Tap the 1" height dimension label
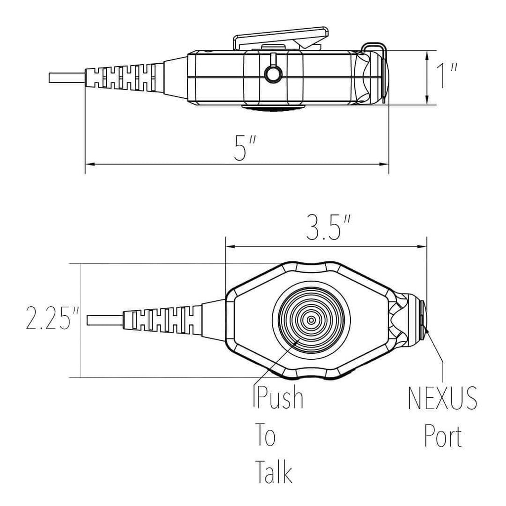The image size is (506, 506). pyautogui.click(x=447, y=77)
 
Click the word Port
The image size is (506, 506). pyautogui.click(x=443, y=436)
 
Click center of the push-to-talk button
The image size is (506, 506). pyautogui.click(x=311, y=320)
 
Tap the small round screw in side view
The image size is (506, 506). pyautogui.click(x=272, y=74)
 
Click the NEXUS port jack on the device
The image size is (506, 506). pyautogui.click(x=422, y=320)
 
